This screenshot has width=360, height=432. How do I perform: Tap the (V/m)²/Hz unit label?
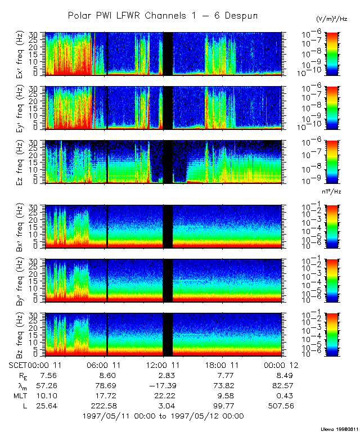click(x=332, y=19)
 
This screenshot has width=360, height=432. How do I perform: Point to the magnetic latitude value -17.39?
click(x=163, y=385)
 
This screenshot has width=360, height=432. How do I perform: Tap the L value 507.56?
click(x=282, y=406)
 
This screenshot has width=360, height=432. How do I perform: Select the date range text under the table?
click(x=163, y=416)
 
